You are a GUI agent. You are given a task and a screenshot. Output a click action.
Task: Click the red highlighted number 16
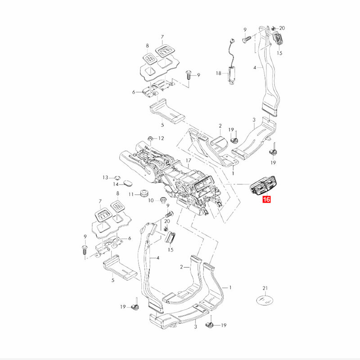coord(266,199)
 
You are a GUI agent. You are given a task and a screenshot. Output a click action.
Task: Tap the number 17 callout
coord(188,161)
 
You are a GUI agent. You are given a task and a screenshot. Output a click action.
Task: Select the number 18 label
coord(218,73)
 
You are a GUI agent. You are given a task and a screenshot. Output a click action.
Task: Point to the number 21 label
coord(265,288)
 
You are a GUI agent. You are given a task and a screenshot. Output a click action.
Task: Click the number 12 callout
coord(161,138)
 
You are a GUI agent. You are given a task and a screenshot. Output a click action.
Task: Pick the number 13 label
coord(105,177)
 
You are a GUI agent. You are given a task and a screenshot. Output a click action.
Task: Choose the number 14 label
coord(116,184)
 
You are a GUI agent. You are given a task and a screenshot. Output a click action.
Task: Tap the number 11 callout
coord(131,194)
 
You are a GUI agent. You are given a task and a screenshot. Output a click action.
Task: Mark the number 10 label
coord(151,200)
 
